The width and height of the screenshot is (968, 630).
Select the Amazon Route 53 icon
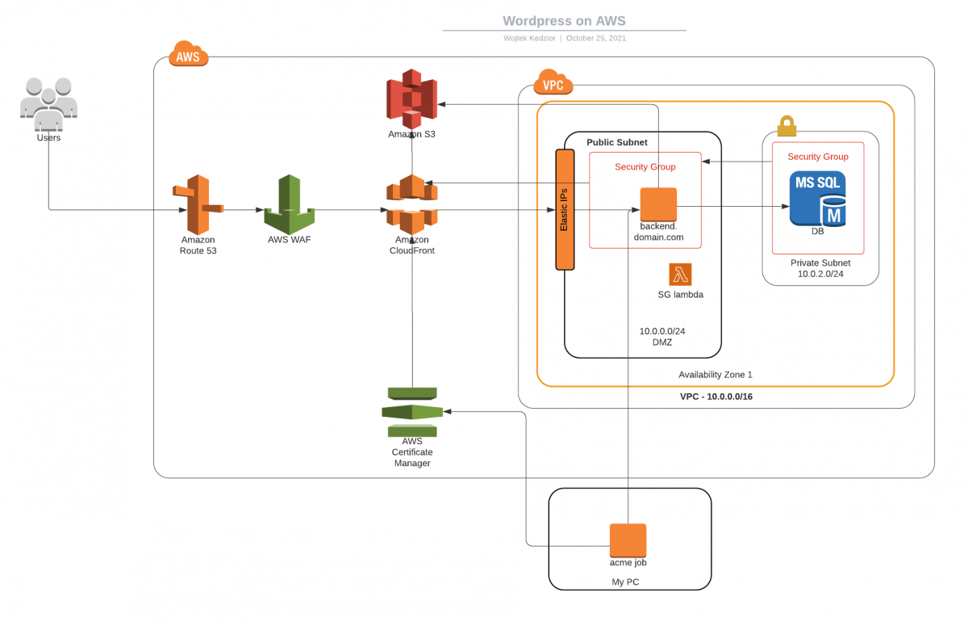(198, 204)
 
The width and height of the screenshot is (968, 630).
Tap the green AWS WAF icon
(290, 204)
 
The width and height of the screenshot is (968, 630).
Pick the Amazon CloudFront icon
(411, 204)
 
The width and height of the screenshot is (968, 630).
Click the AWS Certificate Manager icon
(412, 412)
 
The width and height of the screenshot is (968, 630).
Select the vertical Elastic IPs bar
(565, 209)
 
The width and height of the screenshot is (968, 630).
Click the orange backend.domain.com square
(658, 204)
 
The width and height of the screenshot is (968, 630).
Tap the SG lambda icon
(680, 275)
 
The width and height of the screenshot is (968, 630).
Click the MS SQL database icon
(818, 198)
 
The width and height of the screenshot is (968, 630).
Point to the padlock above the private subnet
(786, 125)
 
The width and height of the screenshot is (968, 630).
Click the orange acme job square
(628, 540)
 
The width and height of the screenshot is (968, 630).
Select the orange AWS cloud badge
(189, 56)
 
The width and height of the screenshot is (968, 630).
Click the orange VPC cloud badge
(553, 83)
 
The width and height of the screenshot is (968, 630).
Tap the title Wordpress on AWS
(564, 21)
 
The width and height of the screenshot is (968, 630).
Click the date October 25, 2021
(595, 38)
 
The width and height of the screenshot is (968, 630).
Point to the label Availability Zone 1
(715, 375)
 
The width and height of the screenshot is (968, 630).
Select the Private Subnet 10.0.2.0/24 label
(820, 268)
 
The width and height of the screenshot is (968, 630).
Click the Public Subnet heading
(616, 142)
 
